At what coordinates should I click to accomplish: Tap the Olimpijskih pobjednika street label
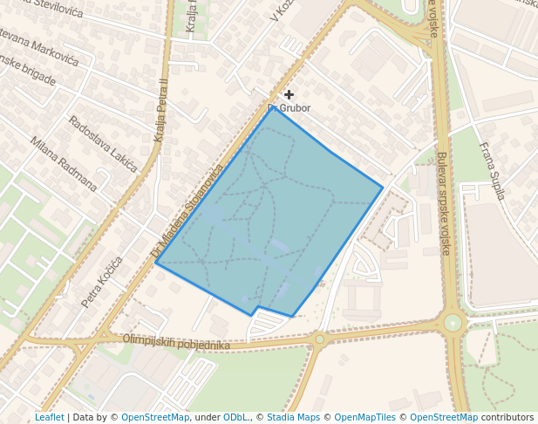click(176, 342)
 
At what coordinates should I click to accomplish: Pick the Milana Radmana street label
click(63, 163)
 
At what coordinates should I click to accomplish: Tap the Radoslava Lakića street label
click(103, 139)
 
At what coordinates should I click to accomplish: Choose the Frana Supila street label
click(493, 171)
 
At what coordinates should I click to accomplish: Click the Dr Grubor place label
click(289, 108)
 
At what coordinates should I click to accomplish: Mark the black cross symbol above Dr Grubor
click(289, 94)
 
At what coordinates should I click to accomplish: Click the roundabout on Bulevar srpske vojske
click(453, 323)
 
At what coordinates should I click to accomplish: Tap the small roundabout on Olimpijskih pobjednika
click(320, 339)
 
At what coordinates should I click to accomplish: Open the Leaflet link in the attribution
click(49, 417)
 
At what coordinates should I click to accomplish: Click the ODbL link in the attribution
click(235, 417)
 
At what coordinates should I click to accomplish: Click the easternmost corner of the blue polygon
click(383, 187)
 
